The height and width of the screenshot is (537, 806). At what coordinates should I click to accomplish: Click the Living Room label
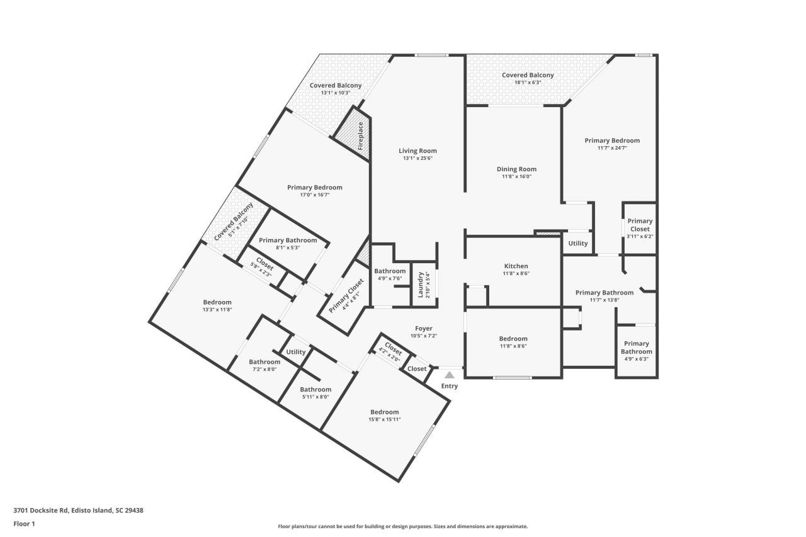417,151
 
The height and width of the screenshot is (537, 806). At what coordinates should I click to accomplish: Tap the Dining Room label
516,169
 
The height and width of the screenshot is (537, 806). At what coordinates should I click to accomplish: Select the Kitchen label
516,266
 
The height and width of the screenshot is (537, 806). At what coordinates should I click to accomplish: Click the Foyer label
423,329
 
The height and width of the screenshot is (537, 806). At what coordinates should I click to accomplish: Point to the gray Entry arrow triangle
450,375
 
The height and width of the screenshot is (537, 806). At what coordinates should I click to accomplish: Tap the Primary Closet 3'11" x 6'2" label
640,225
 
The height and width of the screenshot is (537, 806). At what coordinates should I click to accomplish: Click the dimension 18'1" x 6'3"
528,82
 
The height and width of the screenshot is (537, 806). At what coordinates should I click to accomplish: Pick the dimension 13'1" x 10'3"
335,93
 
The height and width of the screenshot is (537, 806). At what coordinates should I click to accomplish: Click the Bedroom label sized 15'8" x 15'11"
384,412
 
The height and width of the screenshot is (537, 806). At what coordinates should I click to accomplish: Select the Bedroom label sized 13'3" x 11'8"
217,303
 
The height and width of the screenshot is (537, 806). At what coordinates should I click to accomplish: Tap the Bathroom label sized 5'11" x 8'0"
315,390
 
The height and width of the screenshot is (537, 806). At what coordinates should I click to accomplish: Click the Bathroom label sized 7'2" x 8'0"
264,362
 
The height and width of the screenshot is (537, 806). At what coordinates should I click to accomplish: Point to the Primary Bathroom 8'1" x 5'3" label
288,240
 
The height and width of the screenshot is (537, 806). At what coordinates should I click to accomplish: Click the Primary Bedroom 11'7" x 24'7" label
611,140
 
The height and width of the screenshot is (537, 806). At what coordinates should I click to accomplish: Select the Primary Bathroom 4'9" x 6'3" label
636,348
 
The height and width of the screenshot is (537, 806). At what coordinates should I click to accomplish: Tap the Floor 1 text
24,524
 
